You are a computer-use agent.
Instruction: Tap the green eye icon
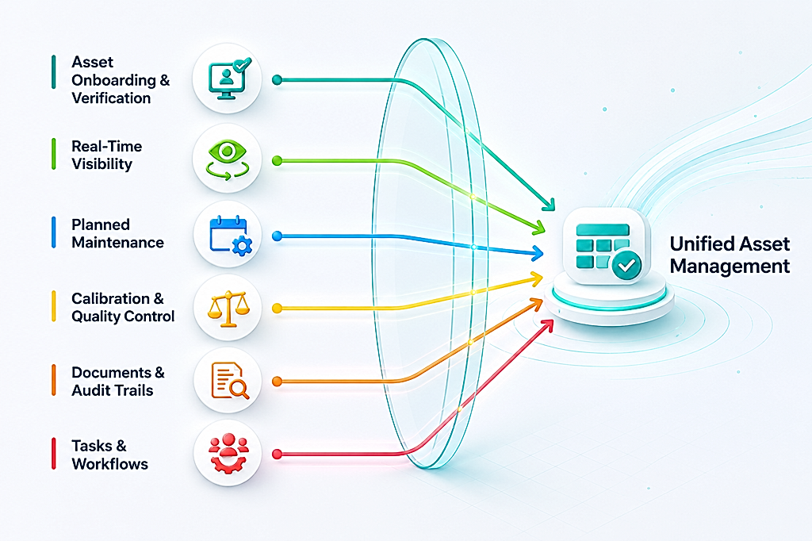tap(228, 159)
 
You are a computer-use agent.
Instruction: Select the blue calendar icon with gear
tap(231, 235)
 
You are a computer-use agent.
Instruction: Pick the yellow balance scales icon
tap(228, 309)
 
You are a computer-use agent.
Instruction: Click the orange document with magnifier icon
tap(230, 381)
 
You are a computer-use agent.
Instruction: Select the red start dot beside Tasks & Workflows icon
tap(277, 455)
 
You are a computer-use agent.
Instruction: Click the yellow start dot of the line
tap(277, 309)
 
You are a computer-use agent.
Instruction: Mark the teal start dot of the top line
tap(277, 80)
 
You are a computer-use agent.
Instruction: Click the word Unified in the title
tap(696, 244)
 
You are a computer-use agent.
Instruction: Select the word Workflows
tap(109, 464)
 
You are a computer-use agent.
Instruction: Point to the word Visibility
tap(102, 164)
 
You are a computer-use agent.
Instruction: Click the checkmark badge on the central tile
tap(626, 265)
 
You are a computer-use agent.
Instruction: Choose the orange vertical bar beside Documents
tap(54, 380)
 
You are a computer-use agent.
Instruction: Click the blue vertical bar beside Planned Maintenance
tap(54, 232)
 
